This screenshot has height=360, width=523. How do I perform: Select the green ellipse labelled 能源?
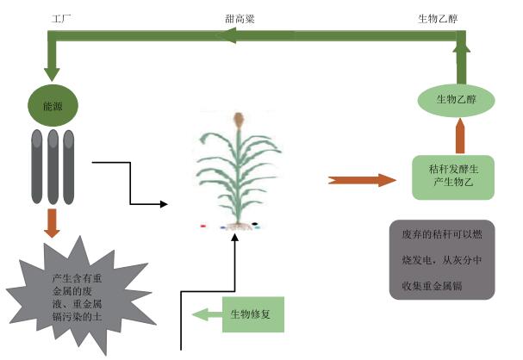(53, 106)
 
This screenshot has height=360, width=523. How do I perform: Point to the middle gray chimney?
(53, 167)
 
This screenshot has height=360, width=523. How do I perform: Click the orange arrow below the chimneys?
(53, 222)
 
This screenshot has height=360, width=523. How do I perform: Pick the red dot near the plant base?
(202, 227)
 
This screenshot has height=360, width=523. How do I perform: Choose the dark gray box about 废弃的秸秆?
(443, 258)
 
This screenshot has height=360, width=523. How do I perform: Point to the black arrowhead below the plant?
(233, 237)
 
